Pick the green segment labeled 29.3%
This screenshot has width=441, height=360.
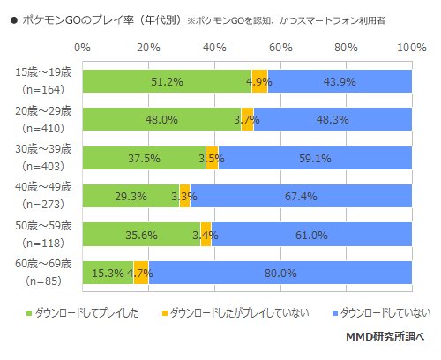(x=131, y=196)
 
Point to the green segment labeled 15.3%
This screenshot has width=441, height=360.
(x=108, y=274)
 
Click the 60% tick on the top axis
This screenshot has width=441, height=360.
(x=280, y=45)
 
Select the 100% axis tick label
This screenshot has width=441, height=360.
(x=410, y=45)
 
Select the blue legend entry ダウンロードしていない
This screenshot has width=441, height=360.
(x=385, y=311)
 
